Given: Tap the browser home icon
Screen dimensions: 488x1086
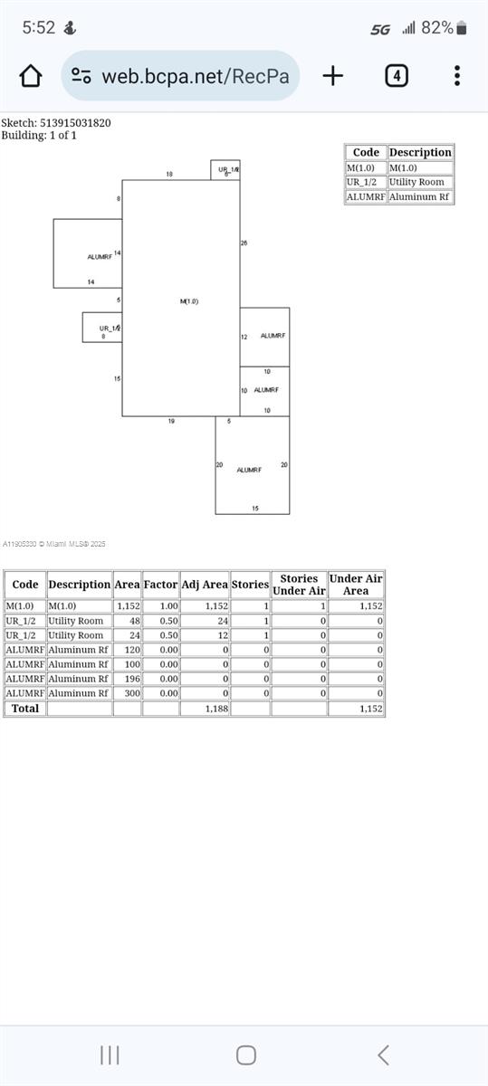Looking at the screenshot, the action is tap(31, 76).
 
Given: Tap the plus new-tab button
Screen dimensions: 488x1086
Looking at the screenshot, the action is tap(333, 76).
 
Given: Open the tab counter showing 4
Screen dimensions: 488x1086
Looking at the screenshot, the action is tap(396, 76).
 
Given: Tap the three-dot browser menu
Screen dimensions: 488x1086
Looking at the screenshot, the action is tap(457, 76).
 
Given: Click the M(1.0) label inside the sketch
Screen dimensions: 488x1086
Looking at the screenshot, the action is tap(188, 301).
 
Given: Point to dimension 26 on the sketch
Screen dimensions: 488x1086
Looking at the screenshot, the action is tap(244, 243).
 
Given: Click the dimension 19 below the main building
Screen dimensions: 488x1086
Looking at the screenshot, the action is tap(171, 422).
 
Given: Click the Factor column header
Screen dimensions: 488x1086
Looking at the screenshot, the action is tap(160, 585).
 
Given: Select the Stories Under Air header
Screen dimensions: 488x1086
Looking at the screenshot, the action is tap(299, 585).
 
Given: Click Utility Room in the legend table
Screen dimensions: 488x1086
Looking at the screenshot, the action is tap(416, 182).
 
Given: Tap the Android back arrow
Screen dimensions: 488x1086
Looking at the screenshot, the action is tap(383, 1054).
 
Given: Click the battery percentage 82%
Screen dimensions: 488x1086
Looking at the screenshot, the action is tap(437, 28).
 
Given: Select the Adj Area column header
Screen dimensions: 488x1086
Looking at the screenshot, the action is tap(205, 585).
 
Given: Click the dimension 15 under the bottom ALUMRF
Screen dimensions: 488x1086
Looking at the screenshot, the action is tap(255, 509).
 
